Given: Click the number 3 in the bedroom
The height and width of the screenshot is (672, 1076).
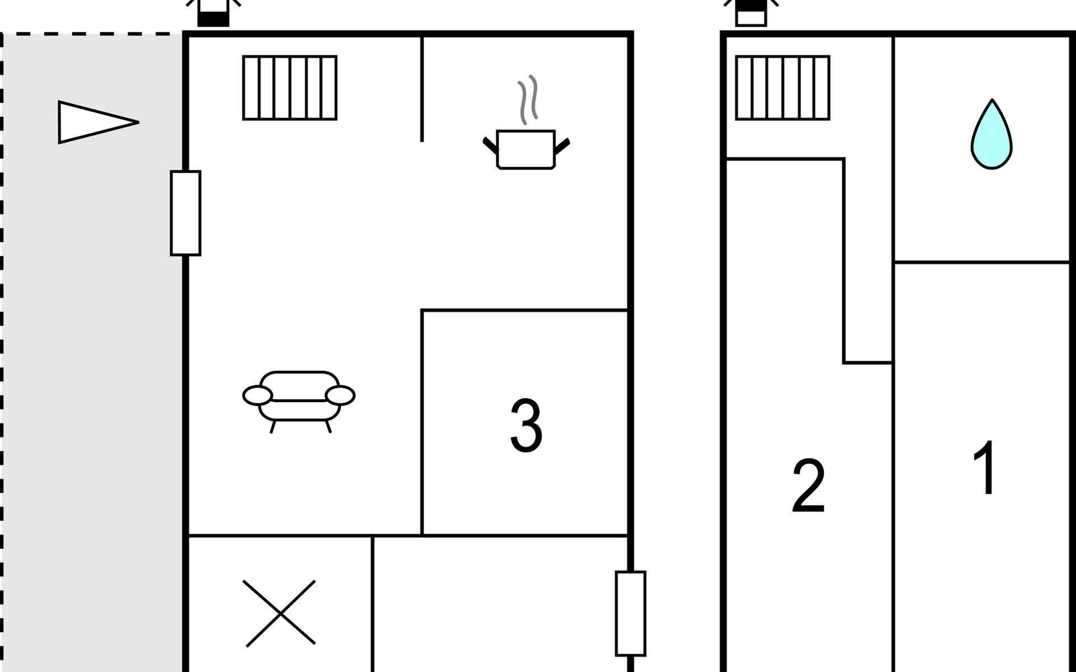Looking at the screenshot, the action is pos(526,425).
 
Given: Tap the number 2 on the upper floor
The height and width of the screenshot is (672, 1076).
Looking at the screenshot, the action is pos(808,486).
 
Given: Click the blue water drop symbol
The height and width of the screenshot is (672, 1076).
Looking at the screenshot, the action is pos(991,134).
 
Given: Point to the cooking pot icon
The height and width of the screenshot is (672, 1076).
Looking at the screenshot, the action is pos(526,149).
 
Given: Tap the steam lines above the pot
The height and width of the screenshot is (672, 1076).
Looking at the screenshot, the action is pos(527,100).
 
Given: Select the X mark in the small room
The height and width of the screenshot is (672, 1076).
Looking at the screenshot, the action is pos(279,614).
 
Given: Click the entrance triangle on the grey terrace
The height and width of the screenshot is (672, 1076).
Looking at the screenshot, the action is pos(99,122).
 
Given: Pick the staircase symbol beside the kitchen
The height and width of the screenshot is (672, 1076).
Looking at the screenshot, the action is pos(290,88).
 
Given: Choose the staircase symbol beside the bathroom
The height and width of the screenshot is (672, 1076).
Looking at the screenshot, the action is pos(782,88).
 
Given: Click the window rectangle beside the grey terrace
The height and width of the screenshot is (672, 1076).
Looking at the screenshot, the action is pos(185,213).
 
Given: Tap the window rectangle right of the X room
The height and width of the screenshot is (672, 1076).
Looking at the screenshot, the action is pos(630,613).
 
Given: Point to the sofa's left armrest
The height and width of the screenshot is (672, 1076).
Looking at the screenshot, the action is pos(257,395).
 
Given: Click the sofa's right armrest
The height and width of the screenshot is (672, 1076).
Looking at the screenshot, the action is pos(340,395).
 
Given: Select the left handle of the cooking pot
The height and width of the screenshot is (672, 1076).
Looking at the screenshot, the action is pos(490,146).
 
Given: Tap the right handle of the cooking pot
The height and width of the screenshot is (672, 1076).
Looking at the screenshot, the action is pos(562,146).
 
